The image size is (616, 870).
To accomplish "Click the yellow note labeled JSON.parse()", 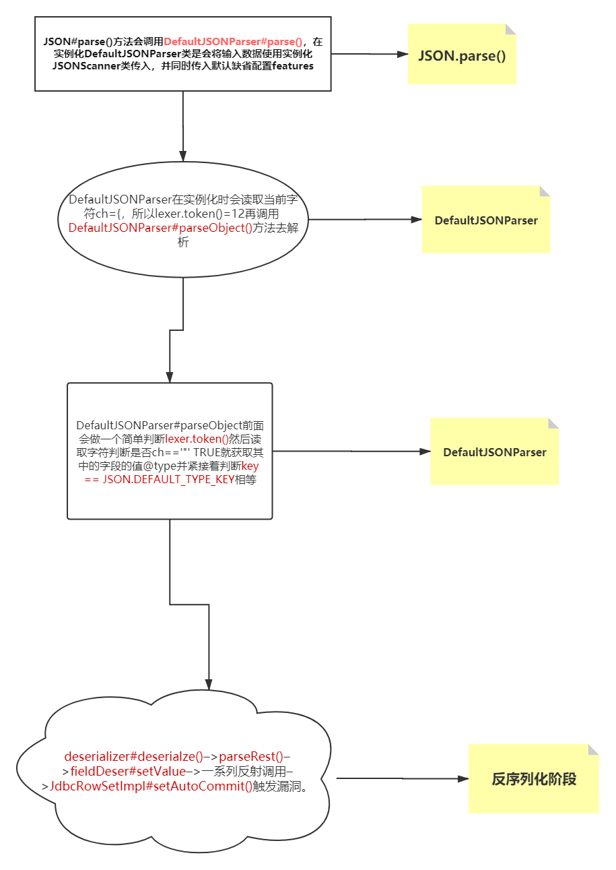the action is [x=462, y=54].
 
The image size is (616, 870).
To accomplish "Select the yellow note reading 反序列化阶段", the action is [x=533, y=778].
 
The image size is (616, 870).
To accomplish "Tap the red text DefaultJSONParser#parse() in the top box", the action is [x=233, y=42].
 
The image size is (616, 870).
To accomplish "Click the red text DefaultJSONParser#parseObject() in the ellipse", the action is [x=160, y=228].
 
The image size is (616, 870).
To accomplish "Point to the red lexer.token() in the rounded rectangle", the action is [x=197, y=439].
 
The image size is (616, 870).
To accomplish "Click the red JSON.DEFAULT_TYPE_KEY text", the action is [x=169, y=479].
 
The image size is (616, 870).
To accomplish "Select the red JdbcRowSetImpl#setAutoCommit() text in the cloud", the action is [x=151, y=786].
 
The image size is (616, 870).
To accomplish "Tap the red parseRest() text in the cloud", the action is [x=251, y=757].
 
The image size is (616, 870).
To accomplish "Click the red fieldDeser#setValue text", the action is [x=128, y=772].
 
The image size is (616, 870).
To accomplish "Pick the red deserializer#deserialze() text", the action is [x=134, y=757].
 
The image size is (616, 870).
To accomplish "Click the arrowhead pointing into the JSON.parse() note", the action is [x=403, y=55].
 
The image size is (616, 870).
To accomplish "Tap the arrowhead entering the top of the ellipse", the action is [x=183, y=156].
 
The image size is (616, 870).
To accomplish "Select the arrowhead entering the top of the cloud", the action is [x=209, y=685].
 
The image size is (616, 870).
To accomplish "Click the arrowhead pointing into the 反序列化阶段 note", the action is [x=463, y=779].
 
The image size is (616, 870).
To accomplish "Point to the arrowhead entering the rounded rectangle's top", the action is [x=170, y=377].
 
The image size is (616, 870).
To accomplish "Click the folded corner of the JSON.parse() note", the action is [x=510, y=29].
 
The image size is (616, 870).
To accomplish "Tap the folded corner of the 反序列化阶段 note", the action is [x=594, y=749].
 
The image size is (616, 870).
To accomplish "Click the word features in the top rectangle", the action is [x=293, y=66].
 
